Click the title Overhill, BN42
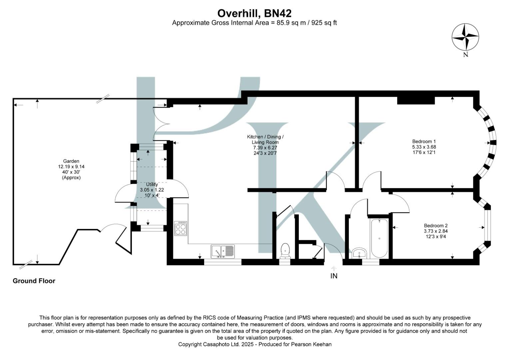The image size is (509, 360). [x=254, y=13]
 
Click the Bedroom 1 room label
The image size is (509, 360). [x=424, y=141]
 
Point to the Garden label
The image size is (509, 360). [x=71, y=161]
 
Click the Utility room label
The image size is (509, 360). [x=152, y=184]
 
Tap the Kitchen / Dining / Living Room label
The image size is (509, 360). [x=265, y=139]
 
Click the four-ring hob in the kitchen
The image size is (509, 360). [x=181, y=228]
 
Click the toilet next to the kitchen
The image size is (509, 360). [x=285, y=250]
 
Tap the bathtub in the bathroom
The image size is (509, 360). [x=379, y=238]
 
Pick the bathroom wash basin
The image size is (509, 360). [x=359, y=253]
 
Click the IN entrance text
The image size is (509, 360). [x=334, y=276]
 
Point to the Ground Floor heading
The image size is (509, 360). [x=34, y=281]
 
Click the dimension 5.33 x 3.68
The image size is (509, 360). [x=424, y=147]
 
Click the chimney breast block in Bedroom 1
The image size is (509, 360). [x=416, y=100]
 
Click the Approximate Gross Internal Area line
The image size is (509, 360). [x=254, y=23]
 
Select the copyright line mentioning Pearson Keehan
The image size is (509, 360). [x=255, y=344]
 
